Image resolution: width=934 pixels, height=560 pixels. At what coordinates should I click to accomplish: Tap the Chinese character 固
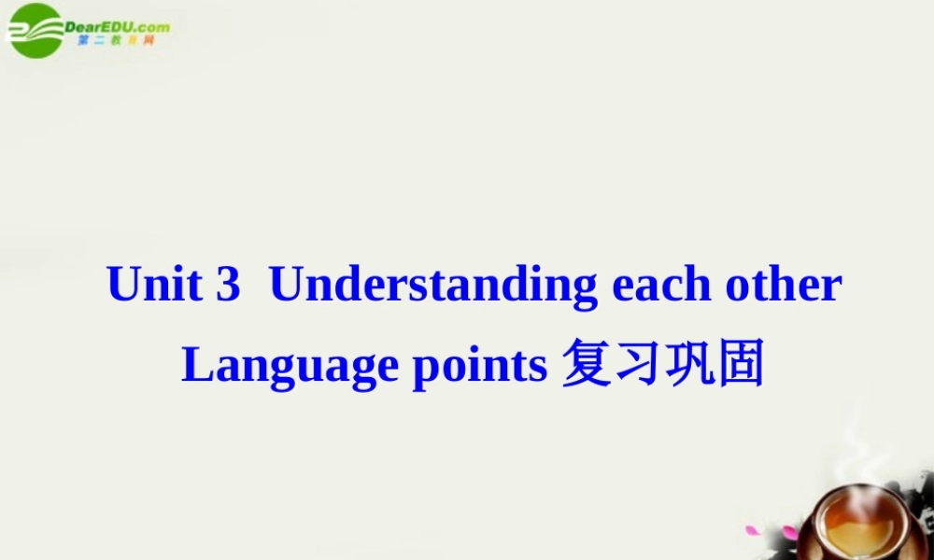pyautogui.click(x=741, y=364)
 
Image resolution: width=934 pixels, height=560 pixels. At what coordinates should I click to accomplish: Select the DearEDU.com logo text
pyautogui.click(x=118, y=27)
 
